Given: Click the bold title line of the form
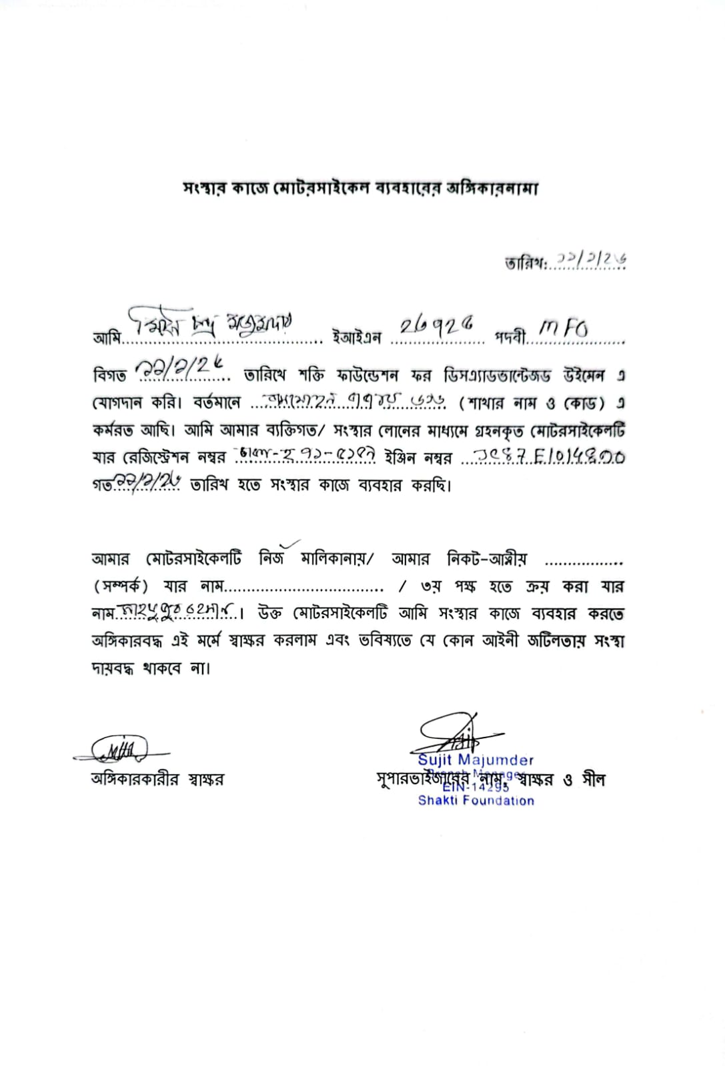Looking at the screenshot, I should point(360,189).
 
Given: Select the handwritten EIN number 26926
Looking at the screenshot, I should point(437,326).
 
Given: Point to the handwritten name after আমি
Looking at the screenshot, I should point(210,324).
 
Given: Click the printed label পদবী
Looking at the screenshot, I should point(510,338).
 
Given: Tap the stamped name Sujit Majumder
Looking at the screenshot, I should point(476,760).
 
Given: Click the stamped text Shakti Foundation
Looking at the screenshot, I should point(476,801).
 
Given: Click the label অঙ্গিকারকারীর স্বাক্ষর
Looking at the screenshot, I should point(158,779).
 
